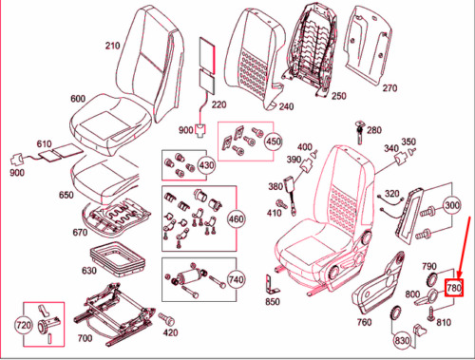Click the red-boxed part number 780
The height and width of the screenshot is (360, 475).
(x=454, y=288)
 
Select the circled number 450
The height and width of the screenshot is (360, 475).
(x=274, y=142)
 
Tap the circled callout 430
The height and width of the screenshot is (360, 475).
(x=206, y=165)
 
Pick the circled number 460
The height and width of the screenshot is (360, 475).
(x=236, y=219)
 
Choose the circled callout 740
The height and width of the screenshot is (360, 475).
(x=236, y=279)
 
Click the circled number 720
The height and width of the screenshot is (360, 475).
(x=24, y=325)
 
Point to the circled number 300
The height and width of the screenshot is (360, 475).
(x=452, y=205)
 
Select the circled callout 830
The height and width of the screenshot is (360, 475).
(x=402, y=341)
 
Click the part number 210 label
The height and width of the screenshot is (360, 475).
(x=112, y=46)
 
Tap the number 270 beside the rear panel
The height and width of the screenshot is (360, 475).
(x=389, y=88)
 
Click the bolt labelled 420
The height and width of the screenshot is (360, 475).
(x=166, y=319)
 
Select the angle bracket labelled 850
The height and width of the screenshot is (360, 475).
(x=272, y=284)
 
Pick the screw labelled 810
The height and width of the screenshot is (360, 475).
(x=430, y=313)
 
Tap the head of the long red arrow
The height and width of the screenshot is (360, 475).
(x=459, y=276)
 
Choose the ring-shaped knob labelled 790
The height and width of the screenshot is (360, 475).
(x=431, y=278)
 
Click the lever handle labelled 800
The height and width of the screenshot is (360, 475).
(x=427, y=297)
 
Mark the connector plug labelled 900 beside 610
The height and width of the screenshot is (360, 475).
(x=17, y=160)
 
